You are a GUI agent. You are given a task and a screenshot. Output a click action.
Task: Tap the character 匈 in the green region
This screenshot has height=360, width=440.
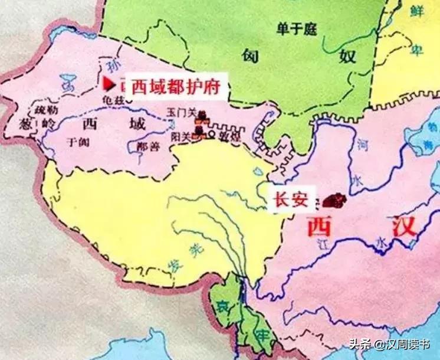[249, 56]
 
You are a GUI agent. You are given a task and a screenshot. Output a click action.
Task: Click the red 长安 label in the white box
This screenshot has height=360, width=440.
[289, 199]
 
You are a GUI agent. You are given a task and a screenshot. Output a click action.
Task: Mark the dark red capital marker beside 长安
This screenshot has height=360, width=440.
[334, 201]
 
